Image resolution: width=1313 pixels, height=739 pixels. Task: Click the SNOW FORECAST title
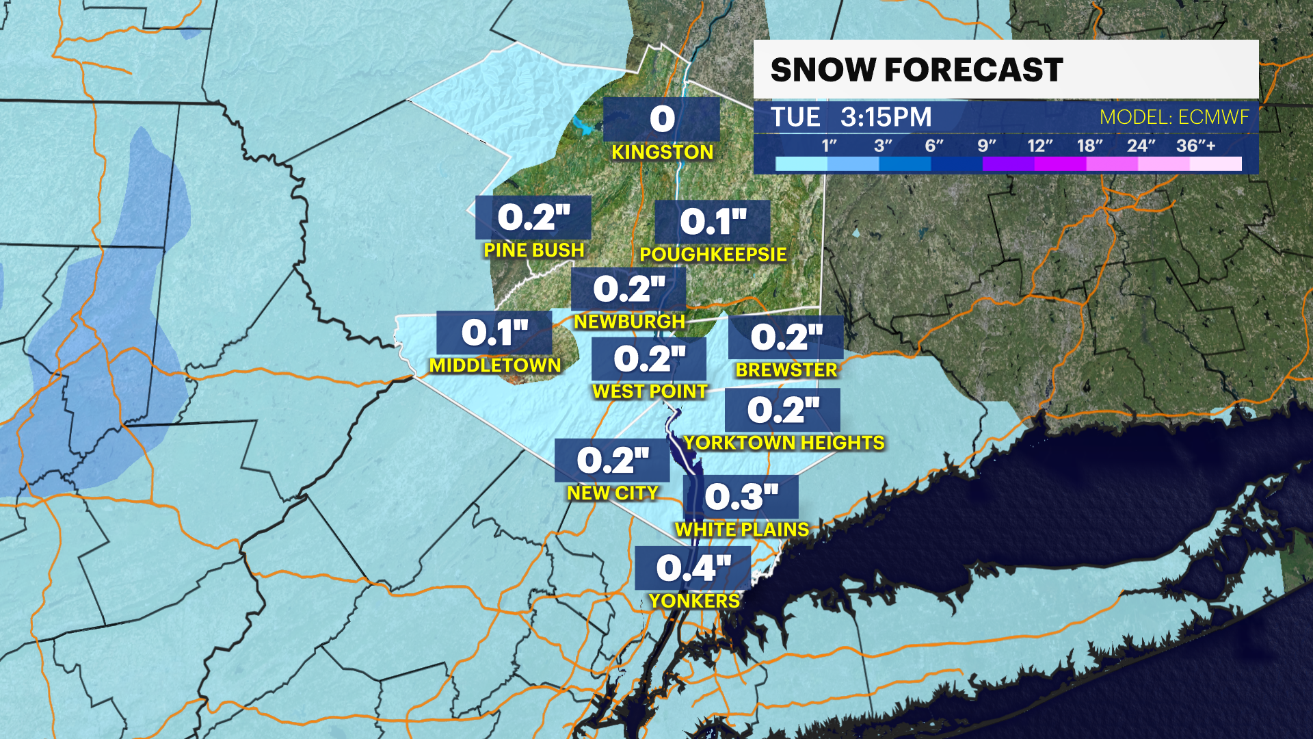click(916, 70)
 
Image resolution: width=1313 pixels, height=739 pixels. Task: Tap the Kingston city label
click(662, 152)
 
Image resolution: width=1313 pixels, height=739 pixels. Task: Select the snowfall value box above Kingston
click(661, 119)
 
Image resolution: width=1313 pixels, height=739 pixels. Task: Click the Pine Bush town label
click(534, 250)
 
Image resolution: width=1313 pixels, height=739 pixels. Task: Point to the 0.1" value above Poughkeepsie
click(713, 222)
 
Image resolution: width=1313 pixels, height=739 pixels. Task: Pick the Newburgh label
click(629, 322)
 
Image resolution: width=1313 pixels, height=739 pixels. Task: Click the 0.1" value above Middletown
click(494, 333)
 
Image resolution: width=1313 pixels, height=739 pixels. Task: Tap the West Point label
click(650, 391)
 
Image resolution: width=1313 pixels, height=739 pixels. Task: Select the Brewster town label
click(786, 370)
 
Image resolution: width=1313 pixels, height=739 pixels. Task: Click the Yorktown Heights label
click(784, 443)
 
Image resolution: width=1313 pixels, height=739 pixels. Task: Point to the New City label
click(613, 493)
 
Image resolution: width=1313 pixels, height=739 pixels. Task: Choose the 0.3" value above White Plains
click(741, 497)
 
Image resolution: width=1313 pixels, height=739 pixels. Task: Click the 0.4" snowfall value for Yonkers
click(693, 568)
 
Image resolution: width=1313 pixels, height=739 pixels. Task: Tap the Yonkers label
click(694, 601)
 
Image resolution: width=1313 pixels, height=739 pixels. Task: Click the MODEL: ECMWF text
click(1174, 117)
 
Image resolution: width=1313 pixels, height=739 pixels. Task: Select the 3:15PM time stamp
click(886, 117)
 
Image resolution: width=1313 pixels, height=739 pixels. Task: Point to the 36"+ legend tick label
click(1195, 146)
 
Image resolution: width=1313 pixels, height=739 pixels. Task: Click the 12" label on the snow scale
click(1039, 146)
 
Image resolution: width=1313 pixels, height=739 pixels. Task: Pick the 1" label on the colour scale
click(829, 146)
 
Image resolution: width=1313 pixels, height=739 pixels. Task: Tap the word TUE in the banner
click(795, 117)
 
